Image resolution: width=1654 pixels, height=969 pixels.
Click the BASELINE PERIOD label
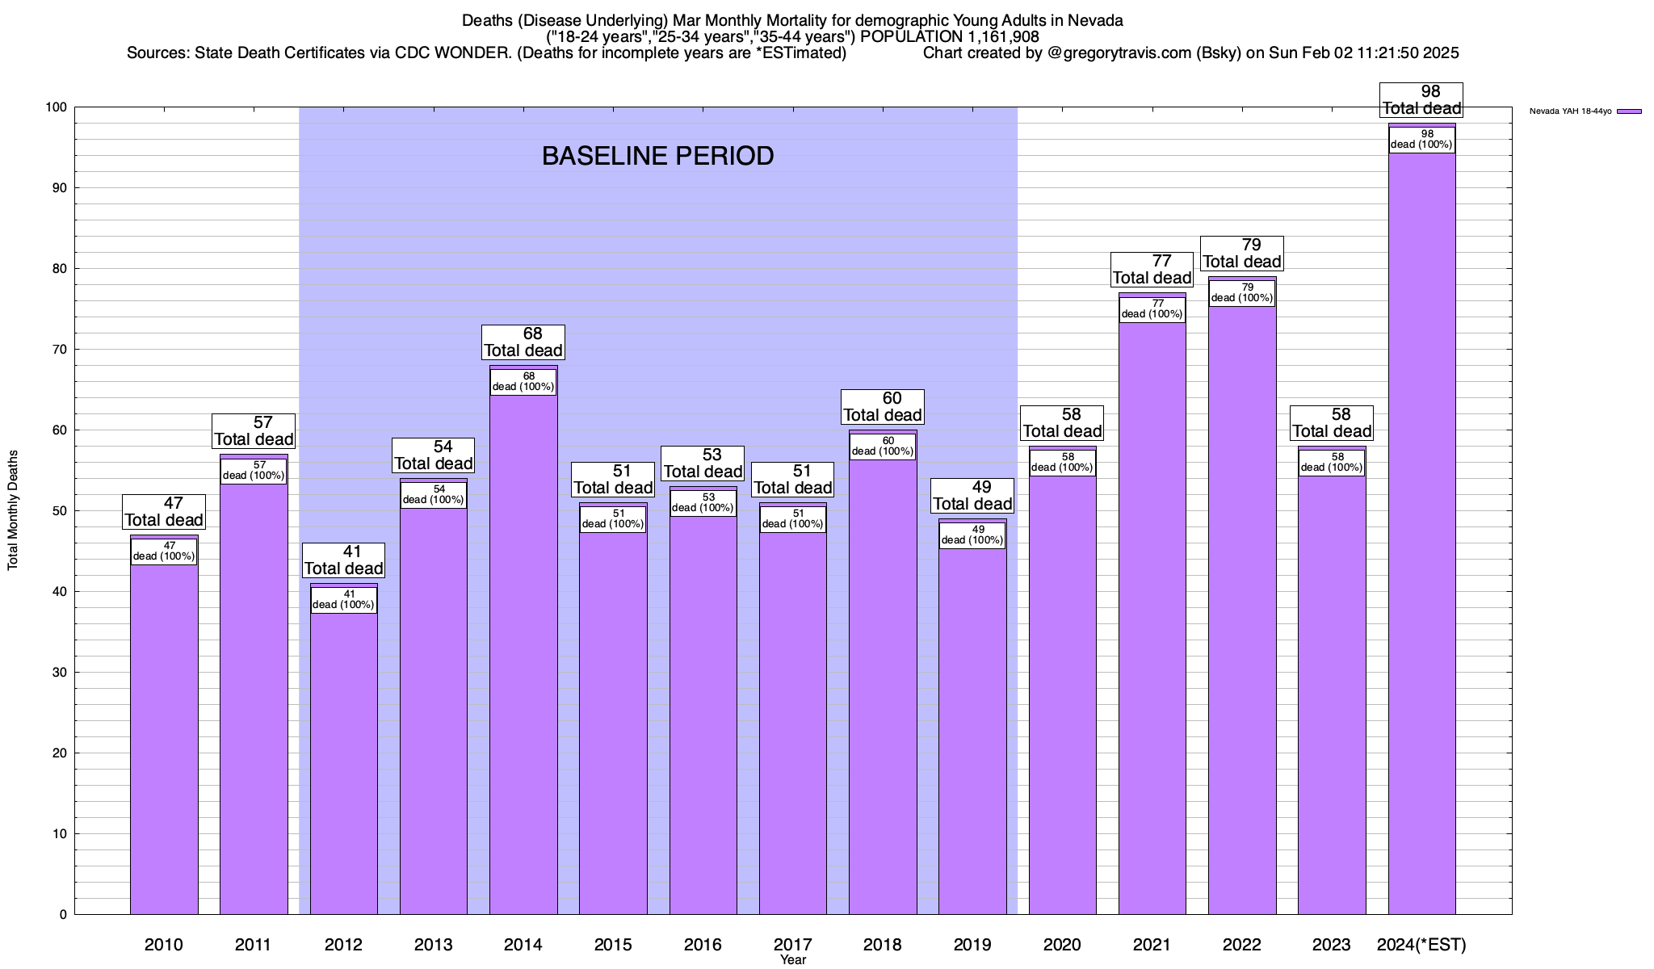pos(657,156)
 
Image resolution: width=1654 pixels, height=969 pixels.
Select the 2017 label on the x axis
pos(792,944)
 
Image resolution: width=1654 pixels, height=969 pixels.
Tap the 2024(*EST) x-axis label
pos(1421,944)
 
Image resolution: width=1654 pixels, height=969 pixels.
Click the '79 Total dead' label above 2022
pos(1242,253)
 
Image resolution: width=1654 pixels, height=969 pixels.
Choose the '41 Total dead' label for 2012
pos(343,560)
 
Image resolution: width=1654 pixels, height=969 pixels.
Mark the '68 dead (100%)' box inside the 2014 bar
pos(523,381)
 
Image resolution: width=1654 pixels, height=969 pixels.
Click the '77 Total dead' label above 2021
pos(1152,269)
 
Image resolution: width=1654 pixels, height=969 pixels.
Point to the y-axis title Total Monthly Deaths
pos(13,510)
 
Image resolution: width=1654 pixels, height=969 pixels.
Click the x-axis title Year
pos(792,960)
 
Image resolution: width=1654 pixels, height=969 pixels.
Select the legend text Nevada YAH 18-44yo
pos(1570,111)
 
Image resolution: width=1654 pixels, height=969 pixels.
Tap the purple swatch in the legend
pos(1629,111)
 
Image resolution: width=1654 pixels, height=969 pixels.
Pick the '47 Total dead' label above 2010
pos(164,511)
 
